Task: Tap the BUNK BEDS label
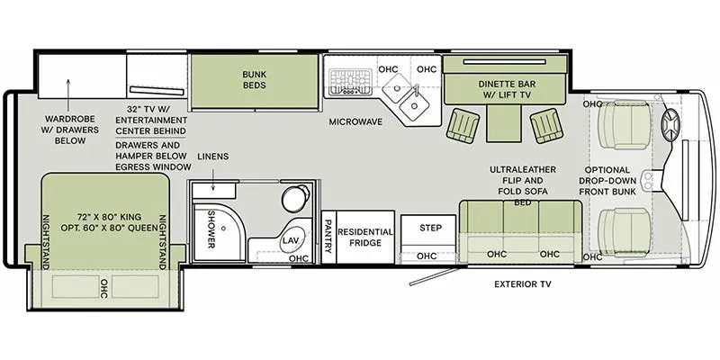click(x=255, y=79)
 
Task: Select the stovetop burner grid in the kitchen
click(x=350, y=82)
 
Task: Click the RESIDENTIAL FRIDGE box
click(x=365, y=237)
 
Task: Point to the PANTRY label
click(x=328, y=237)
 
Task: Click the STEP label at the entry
click(x=431, y=228)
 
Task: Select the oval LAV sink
click(x=290, y=240)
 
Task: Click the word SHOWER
click(x=211, y=229)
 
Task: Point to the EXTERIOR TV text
click(x=523, y=284)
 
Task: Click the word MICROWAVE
click(x=355, y=122)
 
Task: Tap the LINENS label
click(x=213, y=157)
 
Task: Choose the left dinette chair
click(x=463, y=125)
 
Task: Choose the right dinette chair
click(x=546, y=125)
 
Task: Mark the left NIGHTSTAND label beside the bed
click(x=46, y=242)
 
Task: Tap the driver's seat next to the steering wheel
click(x=625, y=125)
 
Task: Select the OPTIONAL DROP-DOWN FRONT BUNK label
click(x=607, y=181)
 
